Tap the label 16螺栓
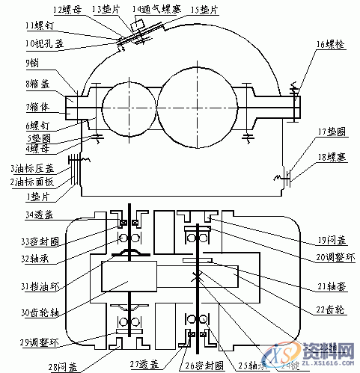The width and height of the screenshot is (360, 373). pyautogui.click(x=331, y=45)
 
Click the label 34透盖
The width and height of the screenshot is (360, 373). pyautogui.click(x=38, y=215)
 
